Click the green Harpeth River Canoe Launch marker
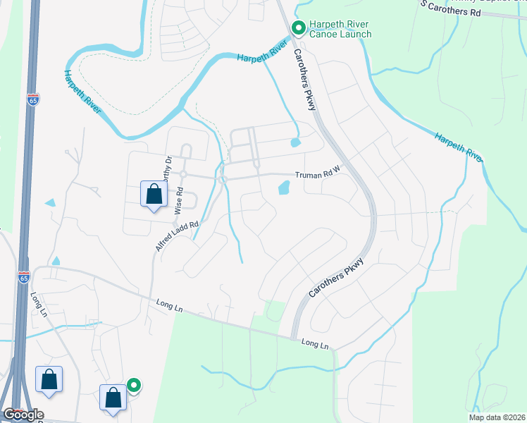[x=298, y=28]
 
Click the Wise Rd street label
[x=180, y=200]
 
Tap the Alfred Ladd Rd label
[x=175, y=237]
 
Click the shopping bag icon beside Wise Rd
[x=154, y=194]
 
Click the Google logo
[x=23, y=415]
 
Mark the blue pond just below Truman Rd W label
[x=284, y=188]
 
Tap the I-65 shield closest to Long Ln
[x=24, y=278]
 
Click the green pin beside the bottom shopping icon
[x=133, y=386]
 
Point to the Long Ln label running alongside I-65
[x=37, y=304]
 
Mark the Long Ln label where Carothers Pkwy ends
[x=315, y=344]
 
